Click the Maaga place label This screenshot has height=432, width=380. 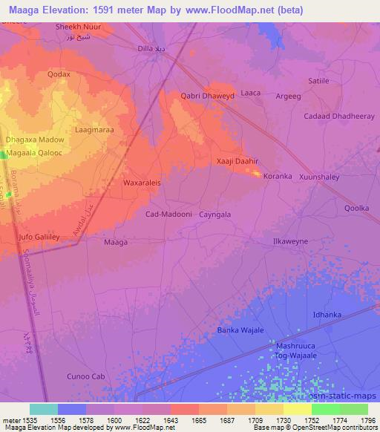(115, 242)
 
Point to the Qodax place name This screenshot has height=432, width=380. (59, 74)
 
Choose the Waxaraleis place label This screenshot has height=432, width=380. (142, 181)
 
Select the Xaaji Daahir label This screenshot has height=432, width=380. (236, 161)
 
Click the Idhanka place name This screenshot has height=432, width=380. (327, 315)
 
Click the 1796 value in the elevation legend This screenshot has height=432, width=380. (368, 419)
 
